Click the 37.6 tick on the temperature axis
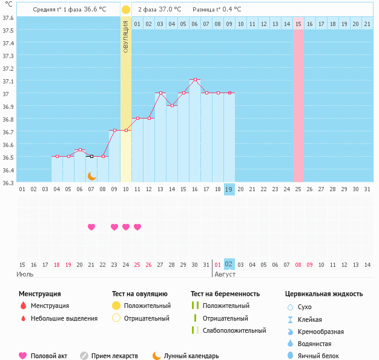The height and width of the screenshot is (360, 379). pos(8,18)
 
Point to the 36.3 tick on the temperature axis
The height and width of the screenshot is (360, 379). pos(8,182)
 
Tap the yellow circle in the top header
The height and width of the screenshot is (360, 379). pos(126,10)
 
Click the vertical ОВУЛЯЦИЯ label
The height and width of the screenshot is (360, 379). pos(126,36)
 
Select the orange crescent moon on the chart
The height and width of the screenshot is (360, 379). pos(91,175)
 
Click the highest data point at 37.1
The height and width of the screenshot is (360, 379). pos(195,79)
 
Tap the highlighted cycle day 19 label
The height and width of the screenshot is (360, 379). pos(229,189)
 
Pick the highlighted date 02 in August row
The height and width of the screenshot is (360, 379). pos(229,264)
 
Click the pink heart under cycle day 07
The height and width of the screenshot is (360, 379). pos(91,227)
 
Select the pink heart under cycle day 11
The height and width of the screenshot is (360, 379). pos(137,227)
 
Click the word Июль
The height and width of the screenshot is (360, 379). pos(25,274)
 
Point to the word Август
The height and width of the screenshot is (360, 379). pos(225,274)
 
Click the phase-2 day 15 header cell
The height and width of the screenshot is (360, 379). pos(298,24)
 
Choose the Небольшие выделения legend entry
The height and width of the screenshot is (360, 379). pos(64,318)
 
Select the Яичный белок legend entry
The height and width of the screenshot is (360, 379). pos(318,356)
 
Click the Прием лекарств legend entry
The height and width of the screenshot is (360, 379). pos(114,356)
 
